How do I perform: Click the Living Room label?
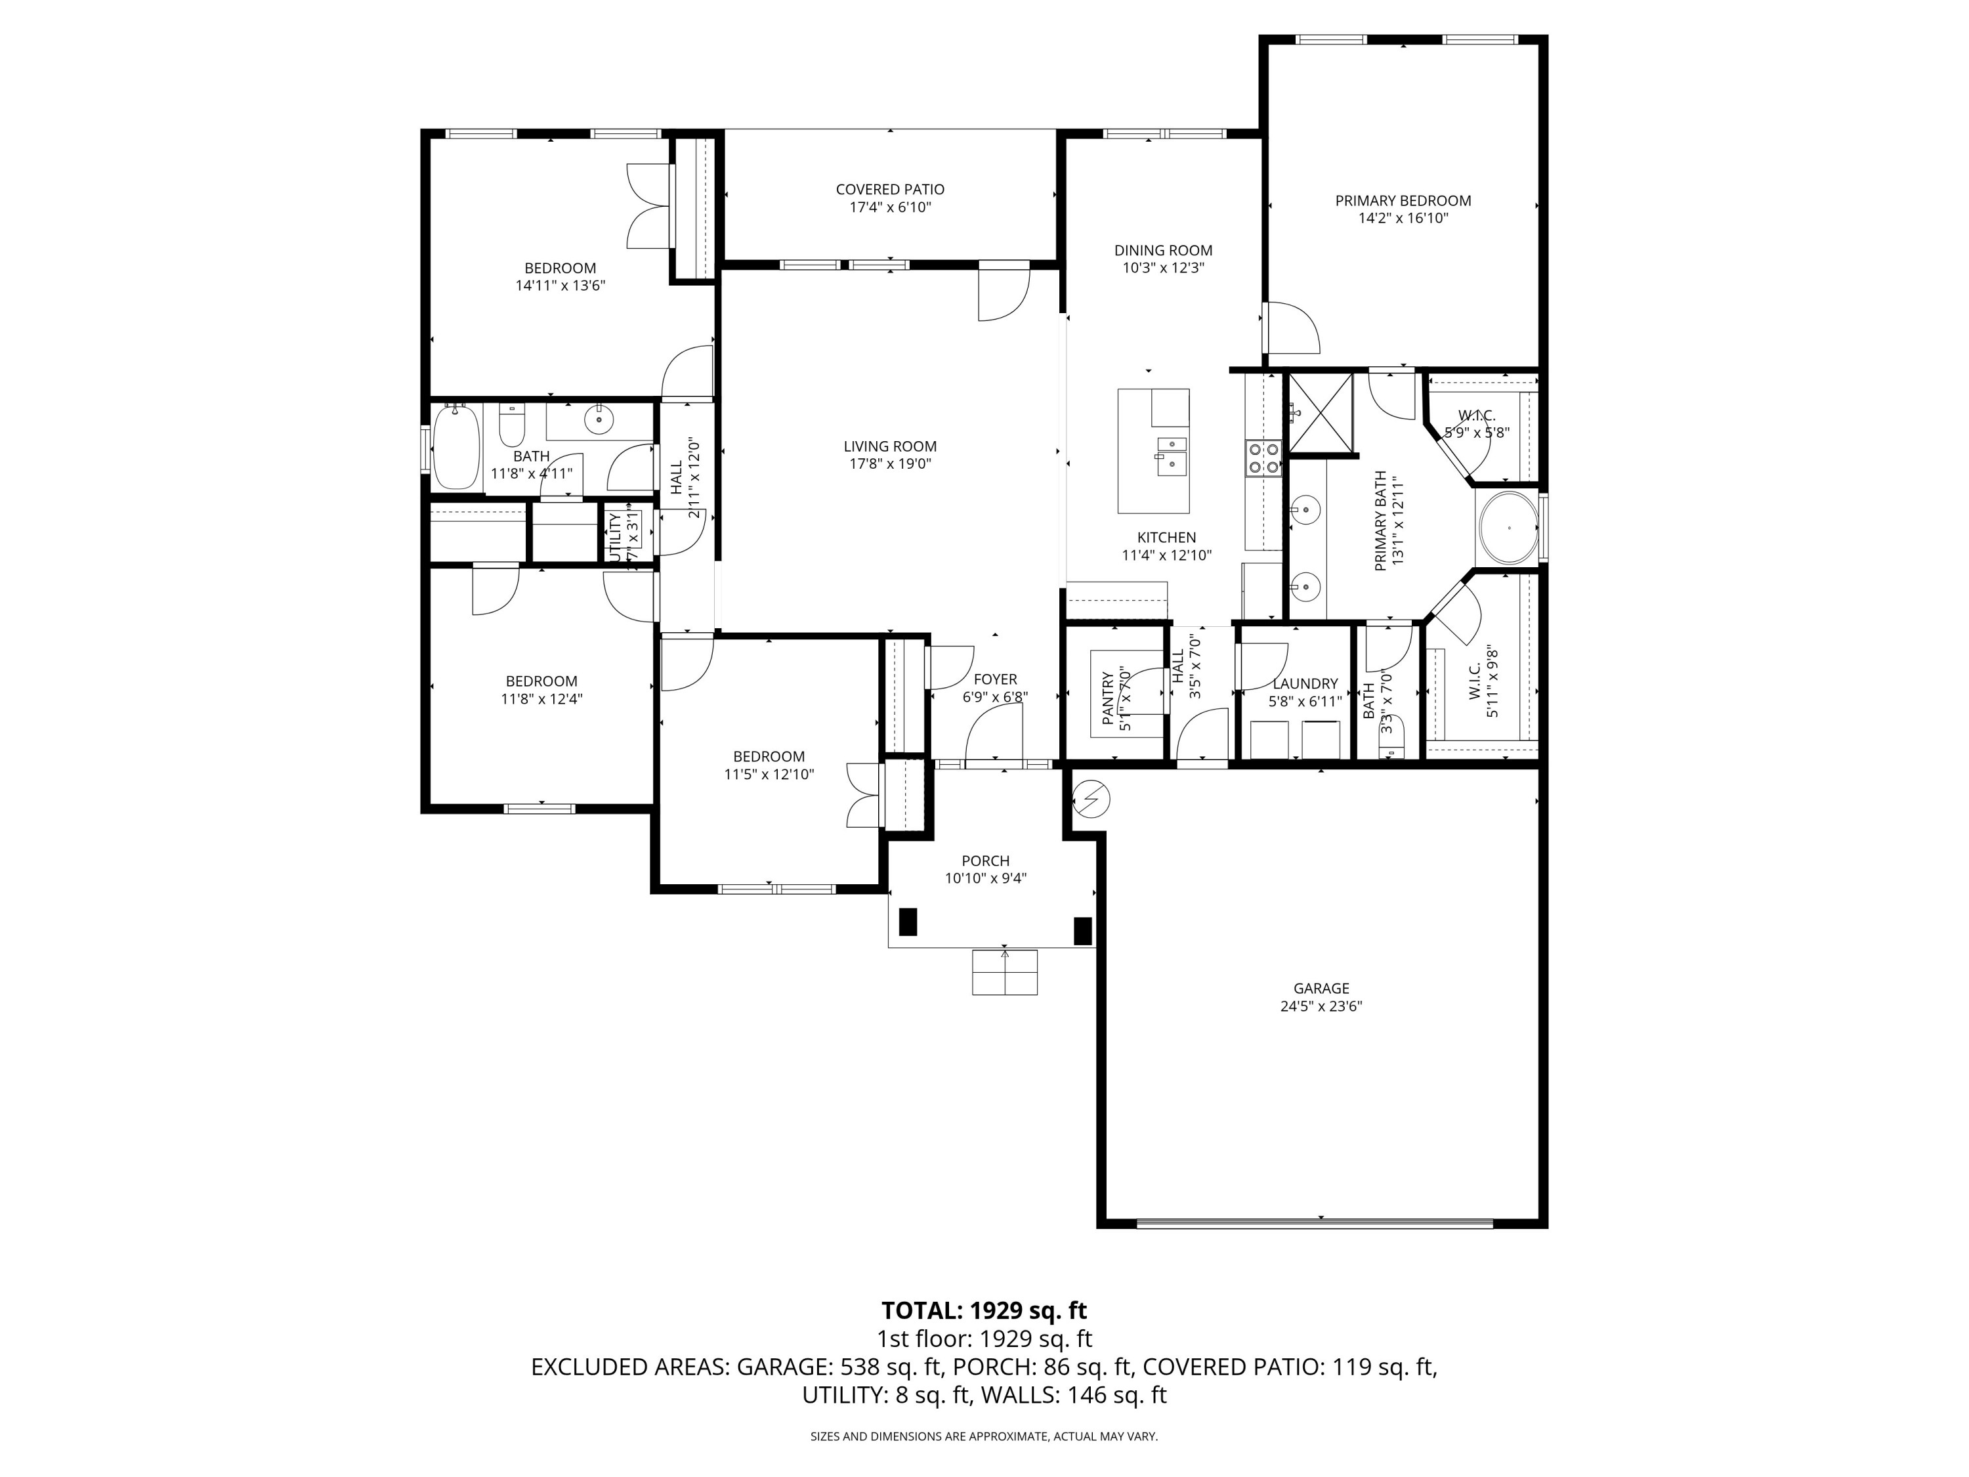click(x=889, y=446)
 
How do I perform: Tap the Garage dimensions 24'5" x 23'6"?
click(x=1321, y=1006)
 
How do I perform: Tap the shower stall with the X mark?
click(x=1320, y=413)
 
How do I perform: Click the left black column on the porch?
click(x=907, y=922)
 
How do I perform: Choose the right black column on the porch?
click(x=1082, y=930)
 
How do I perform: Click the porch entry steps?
click(x=1004, y=972)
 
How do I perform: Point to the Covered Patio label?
click(x=889, y=190)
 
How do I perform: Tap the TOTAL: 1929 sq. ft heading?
click(x=984, y=1310)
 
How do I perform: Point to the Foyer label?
click(x=994, y=679)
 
